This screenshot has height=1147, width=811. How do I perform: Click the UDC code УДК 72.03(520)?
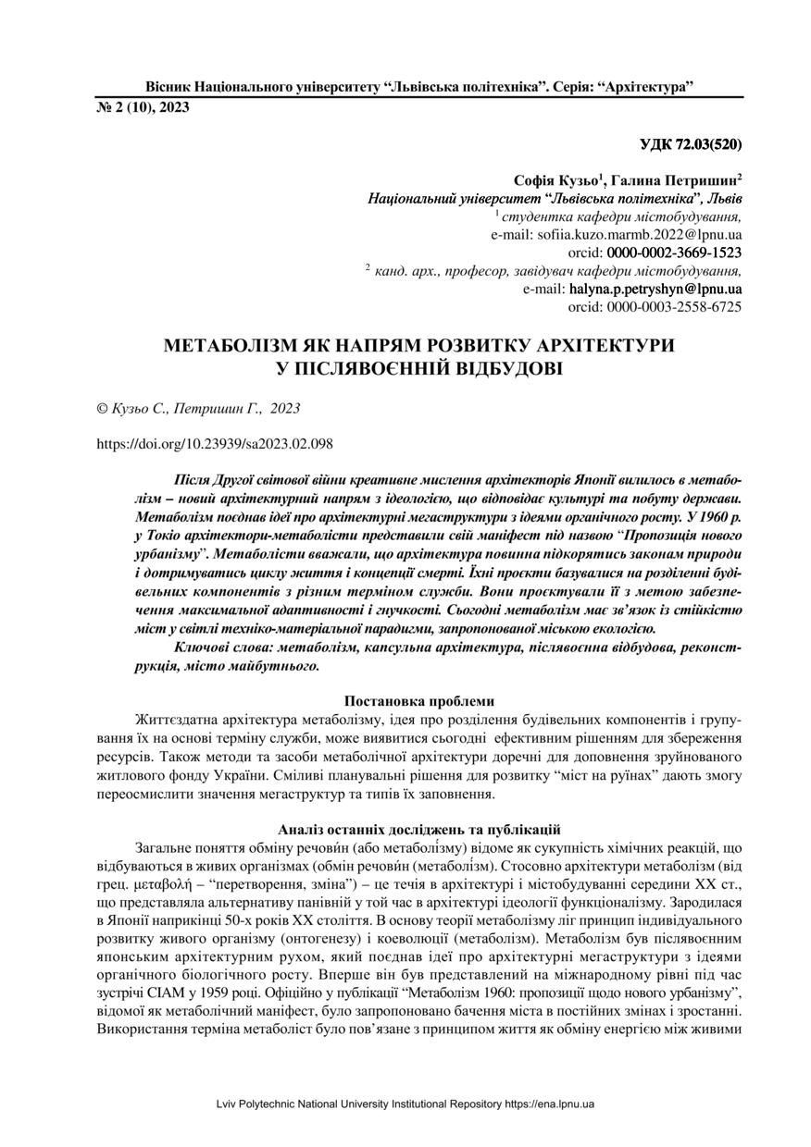coord(691,145)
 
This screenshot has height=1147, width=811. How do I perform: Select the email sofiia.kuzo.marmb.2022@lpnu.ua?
coord(639,234)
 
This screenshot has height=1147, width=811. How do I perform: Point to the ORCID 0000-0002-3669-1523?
coord(674,252)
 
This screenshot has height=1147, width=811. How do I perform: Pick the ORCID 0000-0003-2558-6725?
coord(674,306)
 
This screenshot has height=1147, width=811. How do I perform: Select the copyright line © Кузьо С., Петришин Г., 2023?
coord(198,406)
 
